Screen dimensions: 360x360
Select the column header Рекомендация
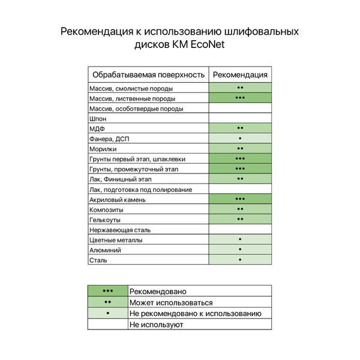click(240, 74)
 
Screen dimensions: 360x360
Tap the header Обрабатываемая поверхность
click(148, 74)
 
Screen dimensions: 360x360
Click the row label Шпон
click(98, 119)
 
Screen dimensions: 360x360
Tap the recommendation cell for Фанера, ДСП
click(240, 139)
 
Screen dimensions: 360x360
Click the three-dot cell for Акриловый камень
click(240, 199)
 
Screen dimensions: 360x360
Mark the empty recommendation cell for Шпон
click(240, 119)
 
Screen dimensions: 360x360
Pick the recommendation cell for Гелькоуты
click(240, 220)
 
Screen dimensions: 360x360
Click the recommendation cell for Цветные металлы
click(240, 240)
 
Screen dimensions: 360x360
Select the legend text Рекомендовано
click(158, 292)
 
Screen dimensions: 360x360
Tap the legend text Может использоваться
click(171, 302)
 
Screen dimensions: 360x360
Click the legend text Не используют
click(156, 325)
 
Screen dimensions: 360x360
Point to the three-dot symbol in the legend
click(108, 292)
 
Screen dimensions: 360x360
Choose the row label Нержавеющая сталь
click(119, 230)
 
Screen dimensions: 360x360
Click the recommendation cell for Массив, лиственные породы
click(240, 98)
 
